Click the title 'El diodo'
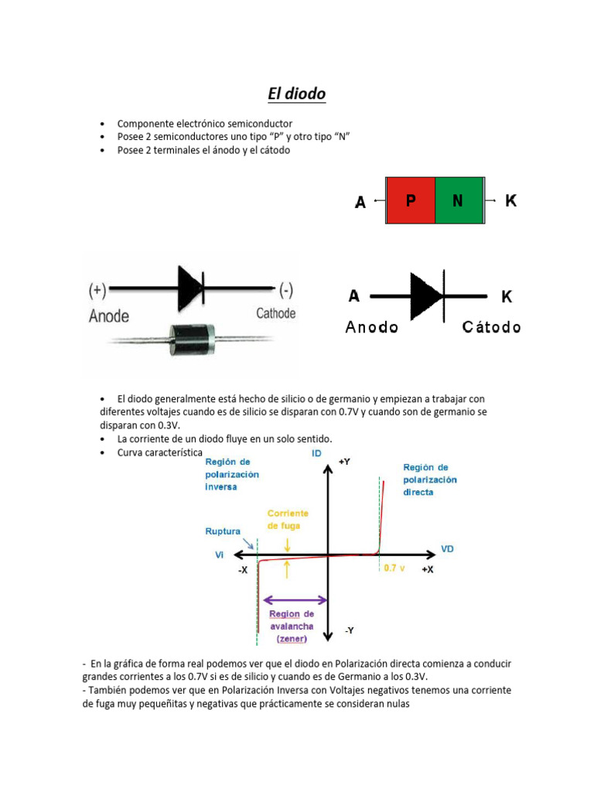click(296, 94)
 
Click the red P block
click(410, 201)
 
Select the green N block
click(459, 201)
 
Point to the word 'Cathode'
click(275, 313)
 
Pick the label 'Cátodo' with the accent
click(491, 326)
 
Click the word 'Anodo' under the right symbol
click(371, 326)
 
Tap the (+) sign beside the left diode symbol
click(97, 291)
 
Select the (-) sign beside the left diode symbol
click(285, 291)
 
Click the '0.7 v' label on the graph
click(394, 568)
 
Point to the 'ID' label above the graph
click(316, 453)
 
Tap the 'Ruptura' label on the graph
click(223, 531)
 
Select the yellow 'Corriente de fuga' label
click(288, 519)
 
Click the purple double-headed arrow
click(295, 599)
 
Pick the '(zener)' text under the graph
click(292, 639)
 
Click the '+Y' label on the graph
click(345, 461)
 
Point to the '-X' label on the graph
click(243, 569)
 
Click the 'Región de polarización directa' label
click(430, 480)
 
